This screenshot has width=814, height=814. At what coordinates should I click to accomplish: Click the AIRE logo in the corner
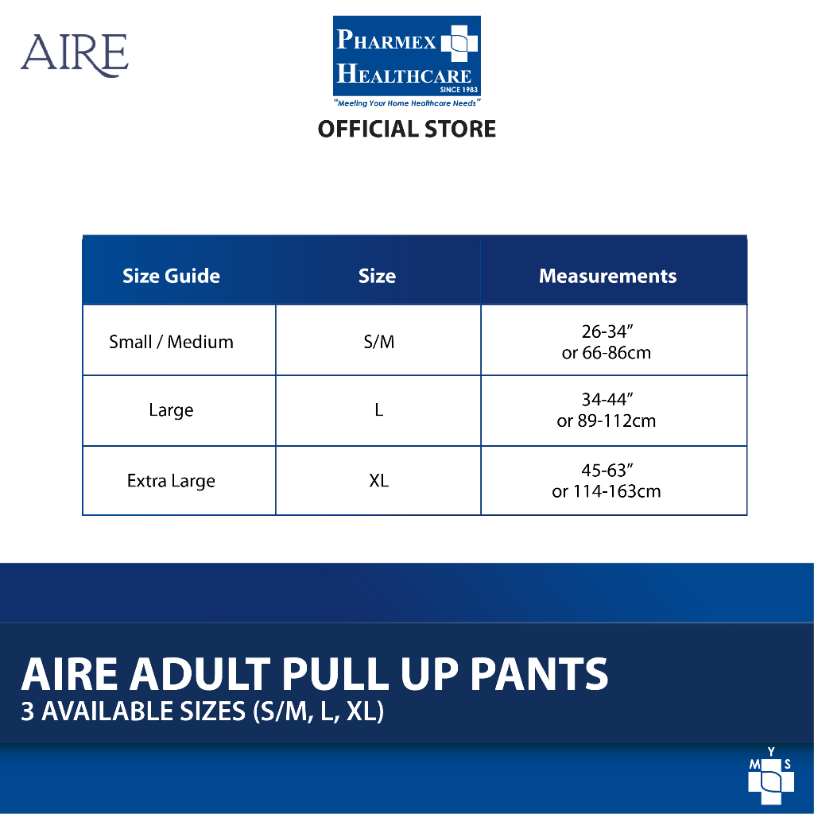(x=74, y=55)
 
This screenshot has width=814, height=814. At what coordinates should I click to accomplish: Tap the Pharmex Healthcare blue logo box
(x=406, y=56)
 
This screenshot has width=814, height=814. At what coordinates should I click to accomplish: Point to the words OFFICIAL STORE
(x=406, y=129)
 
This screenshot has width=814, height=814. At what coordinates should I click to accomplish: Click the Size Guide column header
(x=171, y=276)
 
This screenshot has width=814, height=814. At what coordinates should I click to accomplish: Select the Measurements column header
(x=607, y=276)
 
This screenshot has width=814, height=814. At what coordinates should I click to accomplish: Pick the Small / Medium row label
(x=171, y=342)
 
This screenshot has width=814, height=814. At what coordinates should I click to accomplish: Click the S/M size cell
(x=378, y=342)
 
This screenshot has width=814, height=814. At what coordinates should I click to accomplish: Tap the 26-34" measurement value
(x=607, y=331)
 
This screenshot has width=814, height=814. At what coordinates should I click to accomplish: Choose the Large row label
(x=171, y=410)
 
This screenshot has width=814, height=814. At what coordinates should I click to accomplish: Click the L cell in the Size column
(x=379, y=409)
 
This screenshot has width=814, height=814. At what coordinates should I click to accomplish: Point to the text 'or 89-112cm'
(x=607, y=421)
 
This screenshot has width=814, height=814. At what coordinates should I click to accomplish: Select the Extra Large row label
(x=171, y=481)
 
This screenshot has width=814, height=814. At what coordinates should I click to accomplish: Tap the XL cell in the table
(x=378, y=480)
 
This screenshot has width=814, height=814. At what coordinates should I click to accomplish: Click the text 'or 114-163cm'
(x=607, y=491)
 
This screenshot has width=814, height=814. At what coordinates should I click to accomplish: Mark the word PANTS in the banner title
(x=539, y=674)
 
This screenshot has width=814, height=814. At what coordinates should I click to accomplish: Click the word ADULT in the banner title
(x=200, y=674)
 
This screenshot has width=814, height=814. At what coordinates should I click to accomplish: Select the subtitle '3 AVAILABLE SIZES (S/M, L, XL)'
(x=202, y=711)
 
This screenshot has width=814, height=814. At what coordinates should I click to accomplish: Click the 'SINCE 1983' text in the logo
(x=459, y=89)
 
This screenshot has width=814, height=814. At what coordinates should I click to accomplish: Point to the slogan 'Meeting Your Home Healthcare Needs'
(x=406, y=103)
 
